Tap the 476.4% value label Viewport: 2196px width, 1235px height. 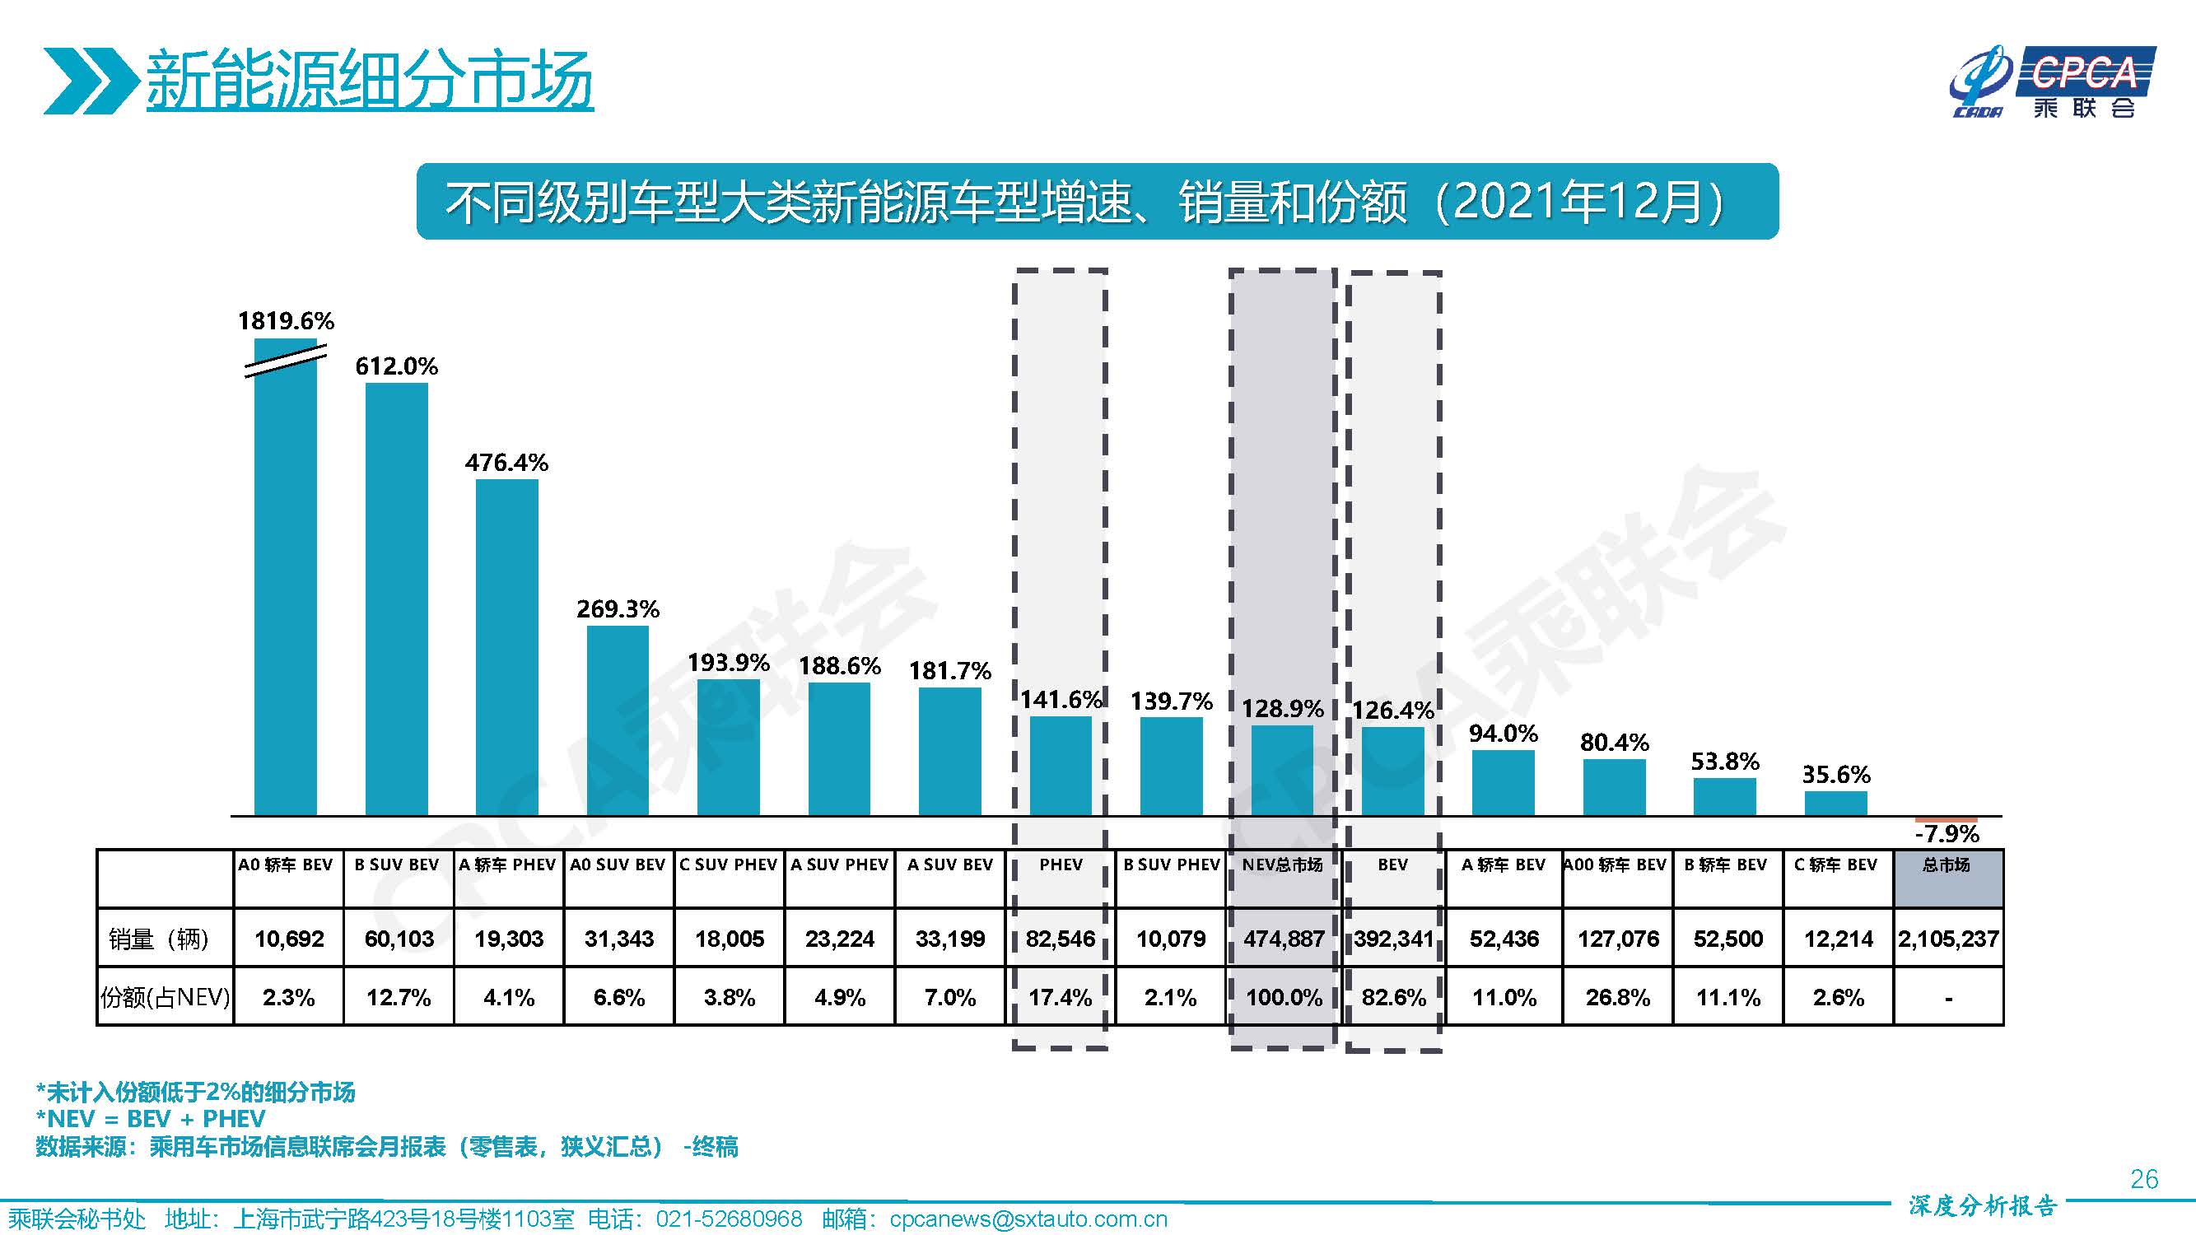506,463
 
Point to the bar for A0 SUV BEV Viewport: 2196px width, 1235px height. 618,720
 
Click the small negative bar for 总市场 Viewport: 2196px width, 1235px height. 1946,819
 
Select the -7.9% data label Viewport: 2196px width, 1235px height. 1947,833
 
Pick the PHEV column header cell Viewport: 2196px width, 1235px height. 1061,866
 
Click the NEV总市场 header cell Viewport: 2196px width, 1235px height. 1282,866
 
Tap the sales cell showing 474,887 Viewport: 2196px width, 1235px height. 1283,939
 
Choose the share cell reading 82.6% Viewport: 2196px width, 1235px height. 1393,997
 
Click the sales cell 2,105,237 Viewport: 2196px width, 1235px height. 1948,939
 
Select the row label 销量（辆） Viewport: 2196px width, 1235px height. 159,939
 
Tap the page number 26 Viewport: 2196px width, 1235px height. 2143,1179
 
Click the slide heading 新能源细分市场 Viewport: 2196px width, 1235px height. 369,79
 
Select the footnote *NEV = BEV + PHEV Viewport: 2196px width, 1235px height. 150,1119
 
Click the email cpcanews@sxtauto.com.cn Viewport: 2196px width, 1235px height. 1028,1219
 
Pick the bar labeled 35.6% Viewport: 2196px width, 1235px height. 1835,803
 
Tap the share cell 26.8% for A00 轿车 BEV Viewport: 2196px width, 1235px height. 1617,997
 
